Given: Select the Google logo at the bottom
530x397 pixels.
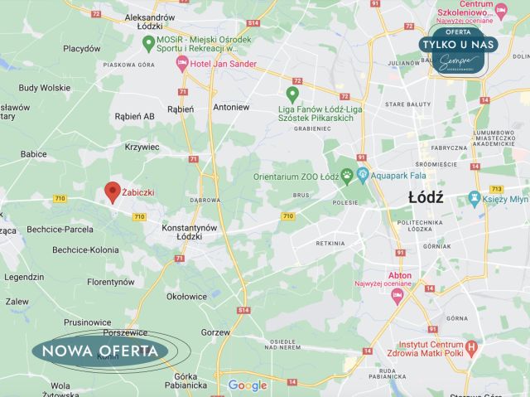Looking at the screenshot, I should (x=248, y=385).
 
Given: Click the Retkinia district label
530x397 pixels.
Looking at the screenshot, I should (x=330, y=244).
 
